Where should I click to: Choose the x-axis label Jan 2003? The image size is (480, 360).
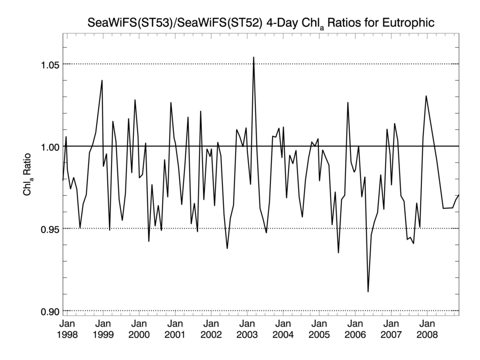247,329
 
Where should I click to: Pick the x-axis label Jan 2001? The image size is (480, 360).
175,329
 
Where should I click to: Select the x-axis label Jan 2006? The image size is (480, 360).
355,329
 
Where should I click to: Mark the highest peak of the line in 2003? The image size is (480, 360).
253,57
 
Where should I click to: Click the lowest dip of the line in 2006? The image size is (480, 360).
368,291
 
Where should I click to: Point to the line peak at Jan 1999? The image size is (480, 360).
102,81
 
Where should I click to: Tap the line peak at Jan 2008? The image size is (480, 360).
426,96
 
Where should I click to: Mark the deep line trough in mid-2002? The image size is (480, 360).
227,248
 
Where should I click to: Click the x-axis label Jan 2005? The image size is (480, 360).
318,329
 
